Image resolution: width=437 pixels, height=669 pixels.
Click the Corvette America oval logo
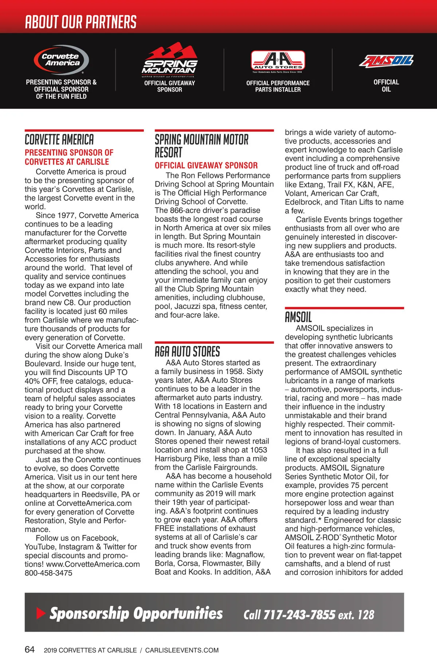[x=61, y=60]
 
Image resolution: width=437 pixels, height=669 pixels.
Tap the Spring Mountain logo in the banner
[x=170, y=59]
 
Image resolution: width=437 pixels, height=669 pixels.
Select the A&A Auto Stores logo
[x=278, y=61]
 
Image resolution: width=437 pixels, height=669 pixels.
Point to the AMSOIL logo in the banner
[x=386, y=61]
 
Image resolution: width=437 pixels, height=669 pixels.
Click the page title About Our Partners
[x=80, y=22]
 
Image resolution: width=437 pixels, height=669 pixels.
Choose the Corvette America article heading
[x=59, y=140]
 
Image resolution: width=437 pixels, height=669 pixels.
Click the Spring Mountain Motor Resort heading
[x=201, y=146]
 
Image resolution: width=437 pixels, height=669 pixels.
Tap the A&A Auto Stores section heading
[x=187, y=352]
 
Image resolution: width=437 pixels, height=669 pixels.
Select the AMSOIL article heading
[x=298, y=317]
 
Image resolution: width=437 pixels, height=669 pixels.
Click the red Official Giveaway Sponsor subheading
[x=206, y=166]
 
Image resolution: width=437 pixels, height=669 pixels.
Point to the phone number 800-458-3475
[x=48, y=573]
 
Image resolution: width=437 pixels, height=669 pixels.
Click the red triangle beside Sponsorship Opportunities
[x=41, y=613]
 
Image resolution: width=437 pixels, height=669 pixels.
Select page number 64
[x=29, y=650]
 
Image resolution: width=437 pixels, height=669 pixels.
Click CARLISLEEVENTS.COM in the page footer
[x=182, y=650]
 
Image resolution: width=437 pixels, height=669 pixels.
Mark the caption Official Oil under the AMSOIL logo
[x=386, y=86]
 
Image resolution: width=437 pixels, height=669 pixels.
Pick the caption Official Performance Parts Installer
[x=278, y=86]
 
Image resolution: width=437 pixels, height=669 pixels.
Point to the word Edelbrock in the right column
[x=303, y=202]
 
